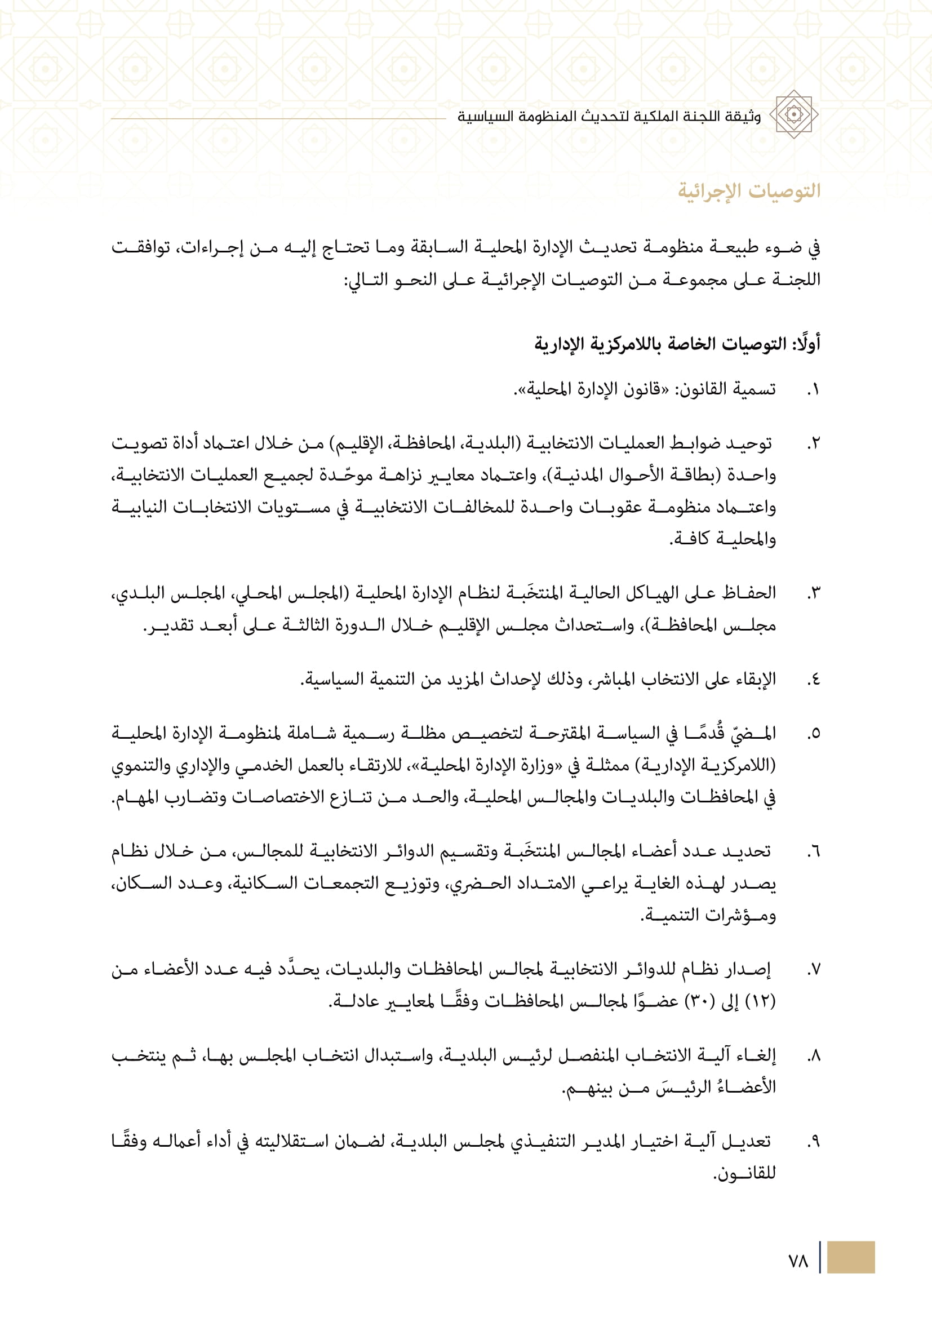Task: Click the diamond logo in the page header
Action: tap(794, 114)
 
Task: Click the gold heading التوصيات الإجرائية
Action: tap(749, 190)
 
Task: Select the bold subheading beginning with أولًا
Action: tap(677, 344)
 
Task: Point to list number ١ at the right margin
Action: tap(813, 390)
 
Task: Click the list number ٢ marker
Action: tap(813, 443)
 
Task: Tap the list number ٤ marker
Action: tap(813, 680)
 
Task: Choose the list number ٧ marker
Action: tap(813, 970)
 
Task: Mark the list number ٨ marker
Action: tap(813, 1055)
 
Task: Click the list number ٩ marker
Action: tap(813, 1142)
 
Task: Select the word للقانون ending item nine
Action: tap(744, 1173)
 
